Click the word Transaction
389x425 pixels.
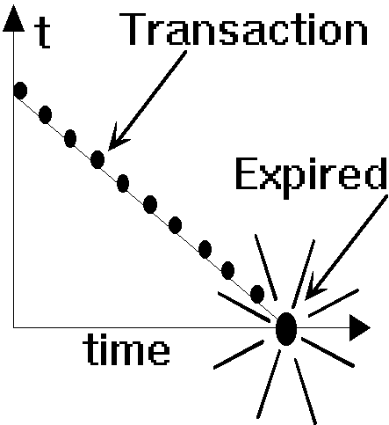(x=243, y=29)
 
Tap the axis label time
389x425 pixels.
(x=126, y=349)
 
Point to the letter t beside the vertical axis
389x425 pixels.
(x=43, y=33)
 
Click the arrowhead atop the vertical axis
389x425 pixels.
(x=13, y=18)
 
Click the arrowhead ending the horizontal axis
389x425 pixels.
(x=360, y=328)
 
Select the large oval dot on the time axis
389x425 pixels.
(x=286, y=329)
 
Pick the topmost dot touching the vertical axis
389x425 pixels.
(x=20, y=91)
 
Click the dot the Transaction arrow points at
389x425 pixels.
(x=97, y=159)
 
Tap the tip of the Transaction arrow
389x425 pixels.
(x=109, y=150)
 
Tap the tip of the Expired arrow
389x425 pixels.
(x=306, y=299)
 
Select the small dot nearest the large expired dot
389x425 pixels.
(x=257, y=294)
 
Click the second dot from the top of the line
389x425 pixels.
(x=45, y=114)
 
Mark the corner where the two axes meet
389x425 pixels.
(x=13, y=327)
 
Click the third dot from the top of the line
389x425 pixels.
(x=70, y=138)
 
